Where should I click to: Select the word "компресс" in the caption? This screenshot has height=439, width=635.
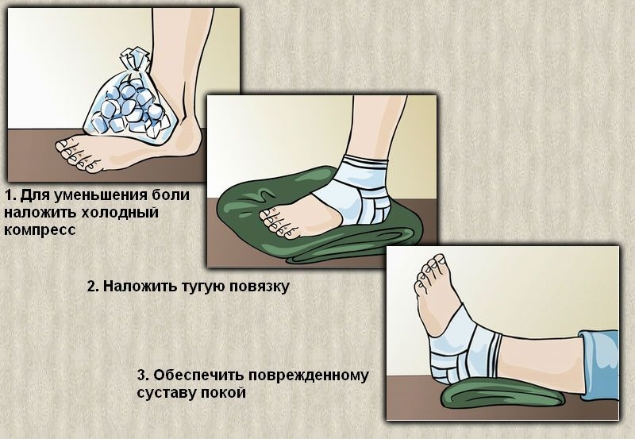click(x=40, y=230)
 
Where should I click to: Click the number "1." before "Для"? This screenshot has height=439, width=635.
click(x=10, y=195)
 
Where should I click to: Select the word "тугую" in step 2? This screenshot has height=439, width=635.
click(x=200, y=287)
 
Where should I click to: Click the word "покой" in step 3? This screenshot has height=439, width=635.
click(x=226, y=392)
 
